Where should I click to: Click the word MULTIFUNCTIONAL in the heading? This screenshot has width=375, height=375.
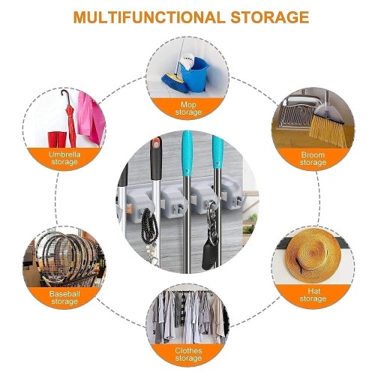(149, 17)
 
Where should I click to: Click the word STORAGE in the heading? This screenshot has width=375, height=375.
(270, 17)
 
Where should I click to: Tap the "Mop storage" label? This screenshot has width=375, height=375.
(188, 108)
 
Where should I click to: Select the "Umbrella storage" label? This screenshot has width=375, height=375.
(64, 158)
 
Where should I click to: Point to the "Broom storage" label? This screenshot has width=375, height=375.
(313, 158)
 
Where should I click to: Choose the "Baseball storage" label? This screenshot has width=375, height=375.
(64, 298)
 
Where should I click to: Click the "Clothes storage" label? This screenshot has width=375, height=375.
(188, 354)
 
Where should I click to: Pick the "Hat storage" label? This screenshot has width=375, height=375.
(313, 295)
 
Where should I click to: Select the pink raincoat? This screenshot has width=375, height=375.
(91, 118)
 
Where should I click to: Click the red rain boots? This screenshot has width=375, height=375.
(57, 139)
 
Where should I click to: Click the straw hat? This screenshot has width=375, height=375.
(313, 256)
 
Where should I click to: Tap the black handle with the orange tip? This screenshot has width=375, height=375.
(156, 158)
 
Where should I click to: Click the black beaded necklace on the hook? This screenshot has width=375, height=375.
(149, 227)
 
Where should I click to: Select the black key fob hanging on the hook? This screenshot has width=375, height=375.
(210, 256)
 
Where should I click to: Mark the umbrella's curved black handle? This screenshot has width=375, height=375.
(65, 97)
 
